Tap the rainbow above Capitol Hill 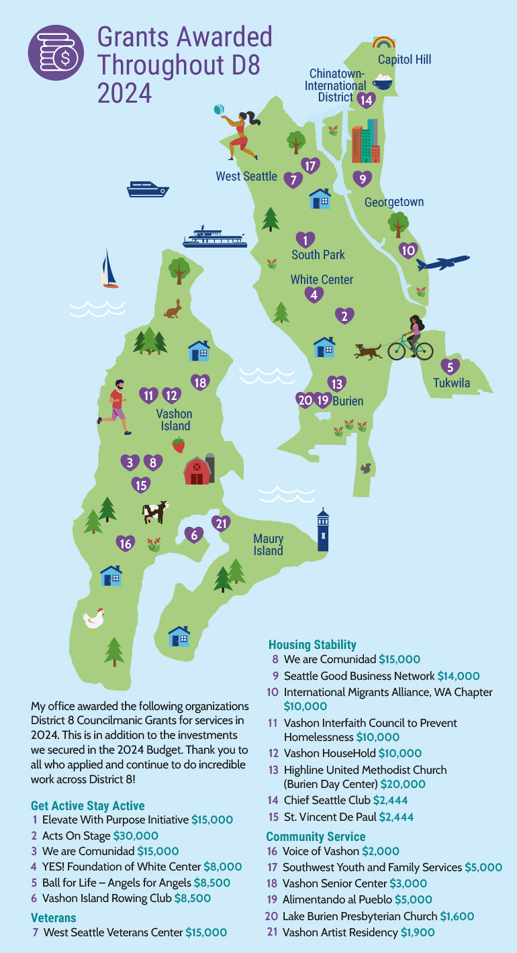tap(384, 43)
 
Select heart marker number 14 tap(366, 100)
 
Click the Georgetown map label tap(394, 202)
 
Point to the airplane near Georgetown tap(442, 262)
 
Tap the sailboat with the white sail tap(109, 269)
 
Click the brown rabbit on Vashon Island tap(174, 309)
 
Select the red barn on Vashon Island tap(198, 469)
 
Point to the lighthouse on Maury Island tap(323, 530)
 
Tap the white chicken tap(94, 619)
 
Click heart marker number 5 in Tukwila tap(450, 366)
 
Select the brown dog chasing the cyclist tap(369, 350)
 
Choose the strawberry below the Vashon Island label tap(179, 444)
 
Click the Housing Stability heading tap(312, 645)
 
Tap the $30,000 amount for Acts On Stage tap(136, 836)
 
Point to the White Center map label tap(322, 279)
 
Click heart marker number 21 tap(221, 523)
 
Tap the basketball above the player tap(218, 109)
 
